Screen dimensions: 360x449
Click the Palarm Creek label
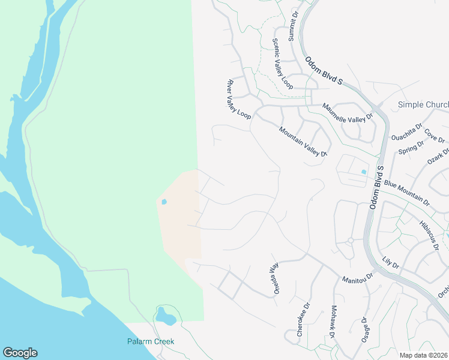coord(150,341)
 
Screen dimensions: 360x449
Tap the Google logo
coord(20,353)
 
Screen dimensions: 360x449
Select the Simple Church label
coord(423,105)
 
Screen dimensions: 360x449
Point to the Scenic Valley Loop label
coord(282,64)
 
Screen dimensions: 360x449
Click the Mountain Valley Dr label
coord(303,142)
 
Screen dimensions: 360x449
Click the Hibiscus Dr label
coord(430,235)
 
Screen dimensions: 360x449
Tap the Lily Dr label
coord(390,262)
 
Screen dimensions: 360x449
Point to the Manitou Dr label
coord(358,278)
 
